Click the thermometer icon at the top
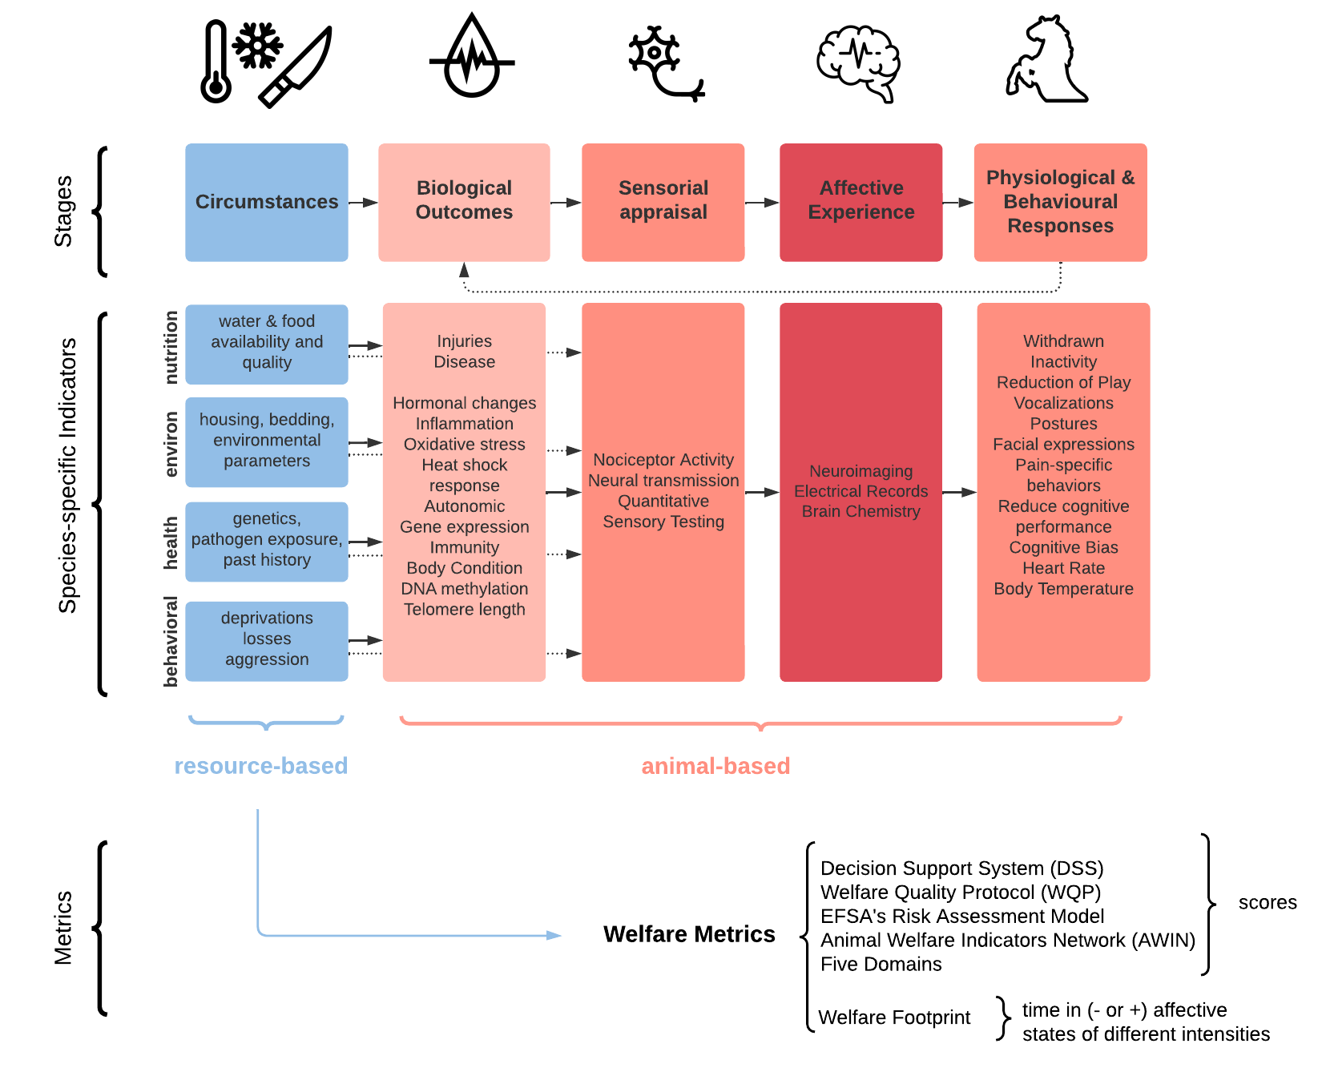point(216,62)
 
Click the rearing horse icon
point(1046,61)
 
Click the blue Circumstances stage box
point(267,202)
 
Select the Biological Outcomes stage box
point(464,202)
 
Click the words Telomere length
point(464,610)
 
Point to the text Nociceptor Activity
point(663,460)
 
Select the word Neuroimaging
point(861,471)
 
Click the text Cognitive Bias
point(1062,548)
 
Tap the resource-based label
point(261,766)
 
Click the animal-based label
point(715,766)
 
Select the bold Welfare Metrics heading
point(689,934)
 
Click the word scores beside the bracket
point(1267,903)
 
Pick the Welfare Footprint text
point(894,1017)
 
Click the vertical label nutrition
point(171,348)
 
